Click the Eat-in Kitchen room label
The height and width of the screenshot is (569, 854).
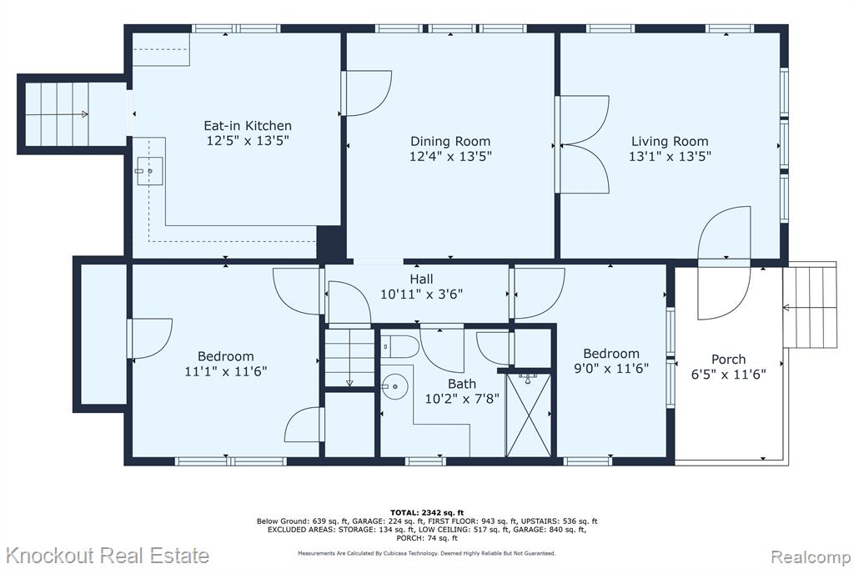247,125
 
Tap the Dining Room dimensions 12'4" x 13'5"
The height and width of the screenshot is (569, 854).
450,156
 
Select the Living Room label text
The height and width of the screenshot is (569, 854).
670,142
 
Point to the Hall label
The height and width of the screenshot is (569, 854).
421,279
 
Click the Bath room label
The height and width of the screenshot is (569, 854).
462,384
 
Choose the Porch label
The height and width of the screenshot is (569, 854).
728,359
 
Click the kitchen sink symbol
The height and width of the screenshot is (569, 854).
149,171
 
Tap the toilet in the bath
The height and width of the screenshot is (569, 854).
399,346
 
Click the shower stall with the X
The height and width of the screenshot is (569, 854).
528,415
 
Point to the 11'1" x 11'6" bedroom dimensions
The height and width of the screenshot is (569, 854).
225,372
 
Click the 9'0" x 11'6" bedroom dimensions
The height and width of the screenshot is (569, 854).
611,369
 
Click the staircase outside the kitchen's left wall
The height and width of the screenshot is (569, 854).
57,114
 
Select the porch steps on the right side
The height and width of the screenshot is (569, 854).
809,305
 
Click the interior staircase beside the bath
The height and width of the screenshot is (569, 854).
349,357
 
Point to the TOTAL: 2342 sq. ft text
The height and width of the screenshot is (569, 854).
427,512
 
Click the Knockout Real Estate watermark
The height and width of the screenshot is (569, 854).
107,556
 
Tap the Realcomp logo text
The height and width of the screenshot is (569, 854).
811,557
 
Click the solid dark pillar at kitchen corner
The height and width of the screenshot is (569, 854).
330,242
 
